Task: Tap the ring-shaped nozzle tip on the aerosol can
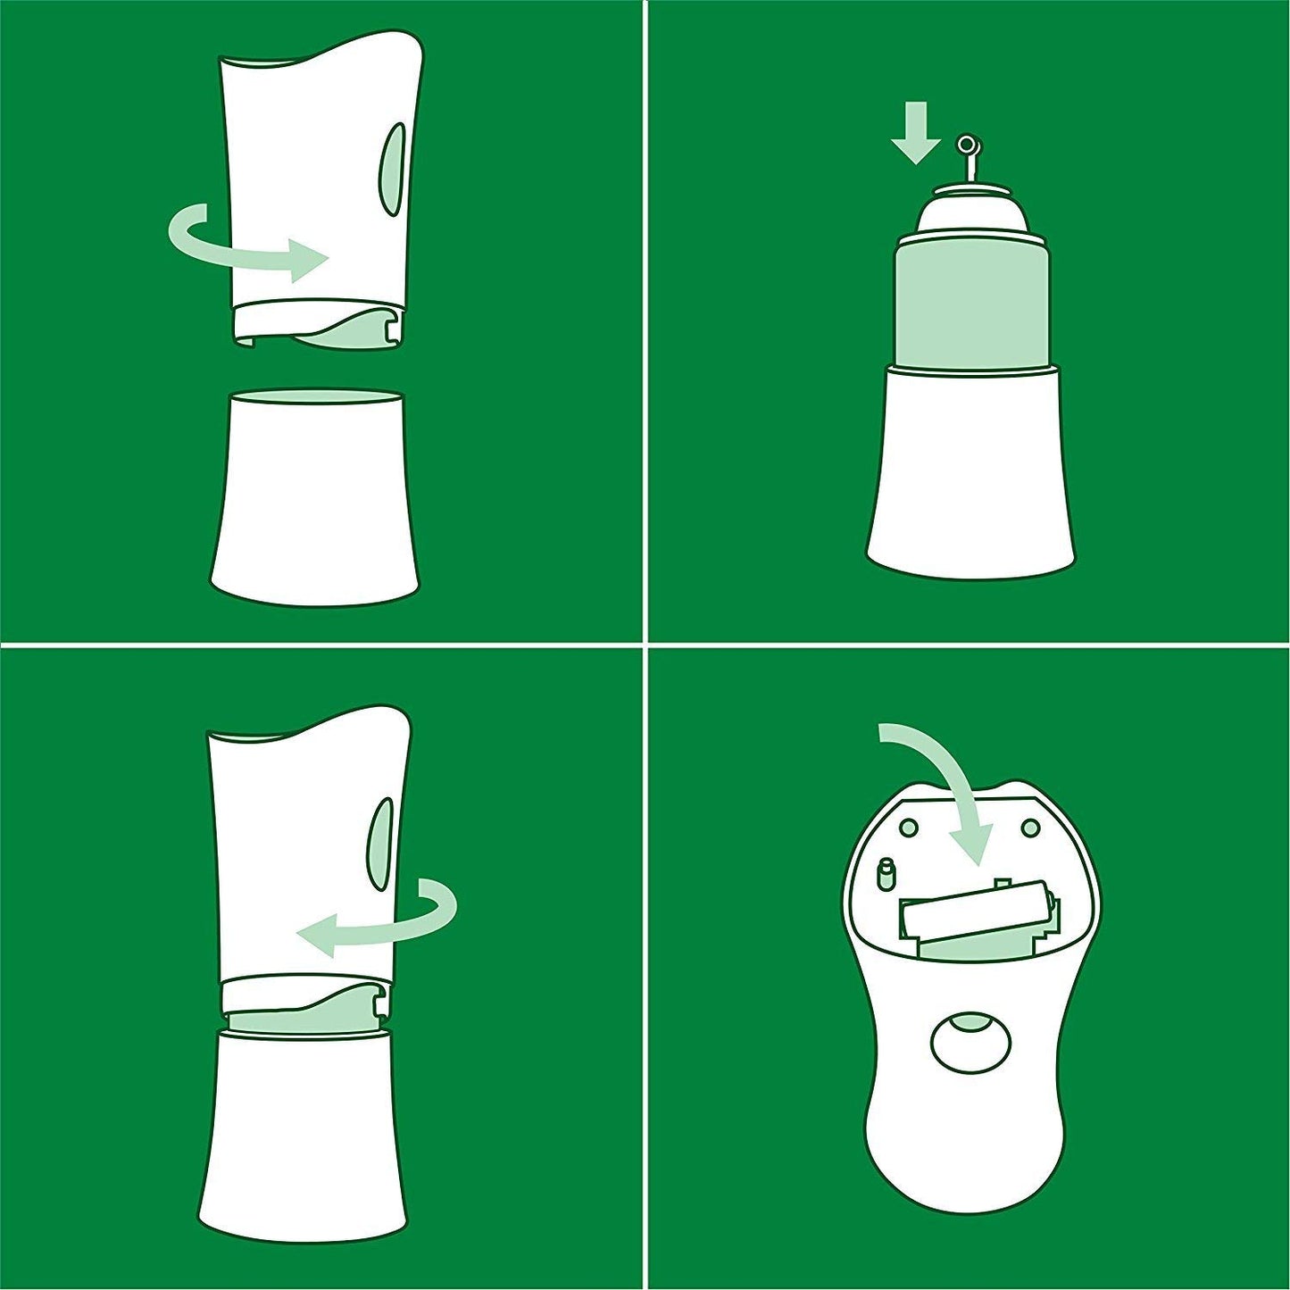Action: (966, 144)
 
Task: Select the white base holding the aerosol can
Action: (971, 473)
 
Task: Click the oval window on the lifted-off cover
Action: (394, 169)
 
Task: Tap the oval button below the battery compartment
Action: (971, 1041)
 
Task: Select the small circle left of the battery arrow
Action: (909, 828)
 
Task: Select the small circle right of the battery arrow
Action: (1029, 828)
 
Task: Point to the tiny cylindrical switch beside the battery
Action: (886, 874)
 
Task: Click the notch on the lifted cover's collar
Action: (390, 329)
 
